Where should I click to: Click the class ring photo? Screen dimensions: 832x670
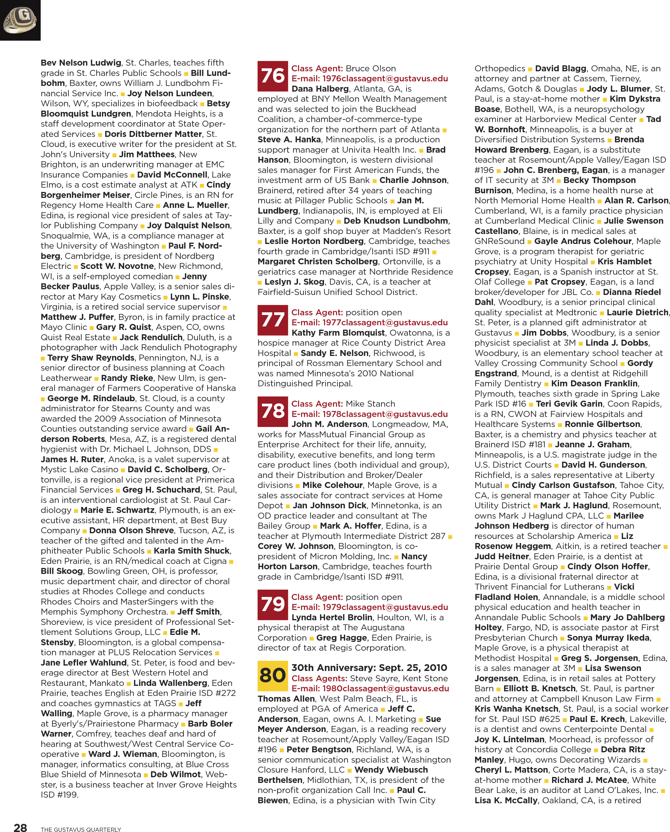[20, 20]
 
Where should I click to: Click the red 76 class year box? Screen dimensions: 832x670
[273, 76]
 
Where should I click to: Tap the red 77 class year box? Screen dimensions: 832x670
[273, 320]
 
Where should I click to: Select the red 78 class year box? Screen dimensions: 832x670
[273, 411]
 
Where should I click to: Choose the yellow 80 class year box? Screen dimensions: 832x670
[273, 676]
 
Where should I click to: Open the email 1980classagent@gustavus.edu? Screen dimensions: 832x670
[370, 688]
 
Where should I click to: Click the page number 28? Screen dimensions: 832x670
[20, 827]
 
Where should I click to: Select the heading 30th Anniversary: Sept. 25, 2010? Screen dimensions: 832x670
[369, 668]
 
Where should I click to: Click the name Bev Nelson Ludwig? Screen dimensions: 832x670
[81, 63]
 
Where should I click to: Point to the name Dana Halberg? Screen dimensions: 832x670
[320, 89]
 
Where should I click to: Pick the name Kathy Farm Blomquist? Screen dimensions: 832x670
[338, 333]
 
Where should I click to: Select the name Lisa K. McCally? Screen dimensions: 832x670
[506, 800]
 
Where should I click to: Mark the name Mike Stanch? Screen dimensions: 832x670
[370, 404]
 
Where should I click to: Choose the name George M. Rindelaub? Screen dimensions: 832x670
[91, 398]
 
